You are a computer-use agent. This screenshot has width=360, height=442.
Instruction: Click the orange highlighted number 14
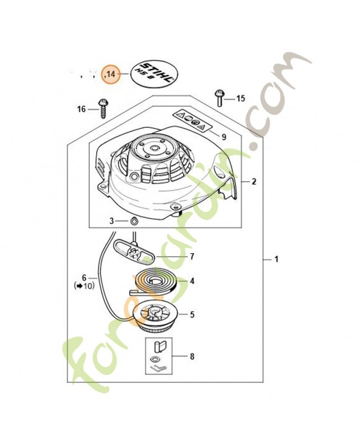point(112,73)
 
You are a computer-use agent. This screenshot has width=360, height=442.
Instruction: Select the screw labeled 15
point(219,97)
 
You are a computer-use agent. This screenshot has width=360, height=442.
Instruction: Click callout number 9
point(224,136)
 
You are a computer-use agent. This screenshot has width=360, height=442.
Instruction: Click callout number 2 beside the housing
point(253,181)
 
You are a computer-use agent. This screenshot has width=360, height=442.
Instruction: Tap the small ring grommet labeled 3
point(134,220)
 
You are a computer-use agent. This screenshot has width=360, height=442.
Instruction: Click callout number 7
point(192,256)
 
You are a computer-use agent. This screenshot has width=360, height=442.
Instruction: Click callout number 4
point(192,281)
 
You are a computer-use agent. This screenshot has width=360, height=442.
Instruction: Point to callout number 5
point(192,315)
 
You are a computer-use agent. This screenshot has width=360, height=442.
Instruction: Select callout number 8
point(192,356)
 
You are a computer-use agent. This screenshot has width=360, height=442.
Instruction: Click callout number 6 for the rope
point(84,277)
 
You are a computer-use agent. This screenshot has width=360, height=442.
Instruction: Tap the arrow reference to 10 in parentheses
point(84,286)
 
